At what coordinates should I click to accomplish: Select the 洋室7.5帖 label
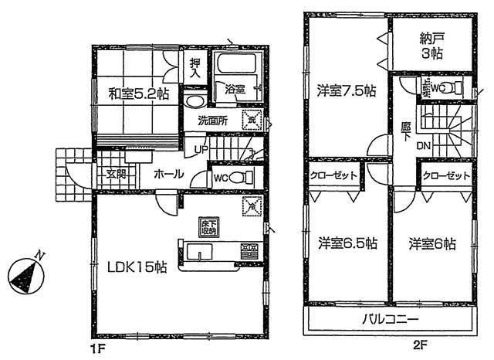(347, 90)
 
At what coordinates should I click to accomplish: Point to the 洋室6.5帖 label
(347, 243)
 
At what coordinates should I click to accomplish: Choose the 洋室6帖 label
(432, 243)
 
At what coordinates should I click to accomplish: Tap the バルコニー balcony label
(390, 319)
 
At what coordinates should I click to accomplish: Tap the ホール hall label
(167, 174)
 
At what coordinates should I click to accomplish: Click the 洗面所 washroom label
(211, 121)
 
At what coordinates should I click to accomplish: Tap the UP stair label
(201, 149)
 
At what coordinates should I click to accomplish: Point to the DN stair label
(424, 144)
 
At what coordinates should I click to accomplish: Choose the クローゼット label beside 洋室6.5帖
(334, 175)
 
